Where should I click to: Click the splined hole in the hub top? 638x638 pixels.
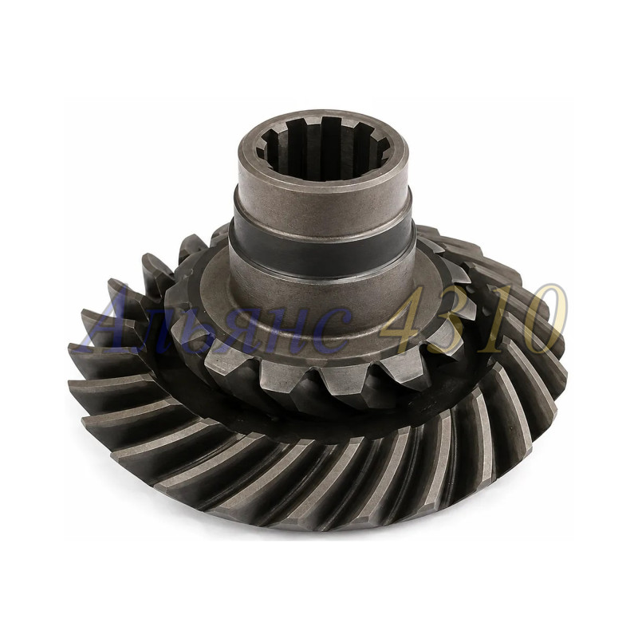tap(322, 147)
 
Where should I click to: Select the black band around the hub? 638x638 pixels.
tap(321, 248)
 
